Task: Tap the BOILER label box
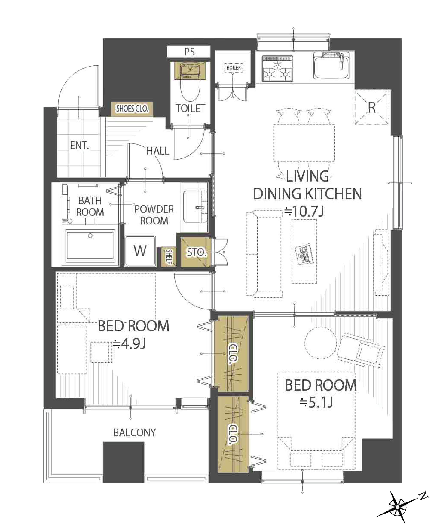[234, 68]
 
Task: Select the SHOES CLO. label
[132, 109]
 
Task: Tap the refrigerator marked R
[372, 108]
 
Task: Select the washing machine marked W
[140, 251]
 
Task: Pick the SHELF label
[169, 257]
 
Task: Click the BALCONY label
[135, 432]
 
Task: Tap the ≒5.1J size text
[316, 402]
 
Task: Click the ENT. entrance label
[79, 146]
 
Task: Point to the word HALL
[158, 151]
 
